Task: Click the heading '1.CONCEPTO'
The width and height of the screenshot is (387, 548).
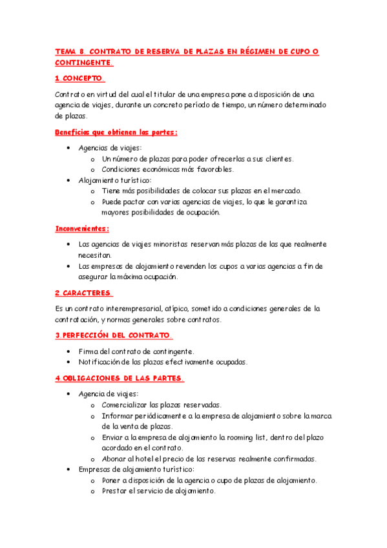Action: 79,79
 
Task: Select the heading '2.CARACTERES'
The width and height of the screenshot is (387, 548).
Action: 83,293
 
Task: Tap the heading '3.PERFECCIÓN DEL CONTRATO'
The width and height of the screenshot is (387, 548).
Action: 114,335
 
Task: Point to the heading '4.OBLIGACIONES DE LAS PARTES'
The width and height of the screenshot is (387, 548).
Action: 120,378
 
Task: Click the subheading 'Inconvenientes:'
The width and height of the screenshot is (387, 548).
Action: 82,228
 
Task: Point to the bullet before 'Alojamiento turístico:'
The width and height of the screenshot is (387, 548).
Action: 69,180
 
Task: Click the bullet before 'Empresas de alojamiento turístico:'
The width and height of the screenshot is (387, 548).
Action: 69,469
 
